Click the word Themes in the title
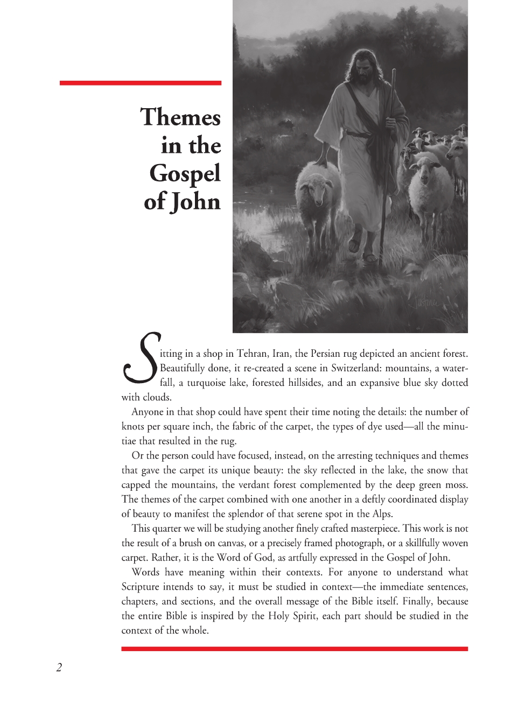click(180, 117)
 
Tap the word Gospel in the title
click(185, 173)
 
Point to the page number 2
click(59, 668)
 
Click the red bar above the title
click(140, 83)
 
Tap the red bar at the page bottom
click(295, 649)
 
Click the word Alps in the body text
click(382, 513)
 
